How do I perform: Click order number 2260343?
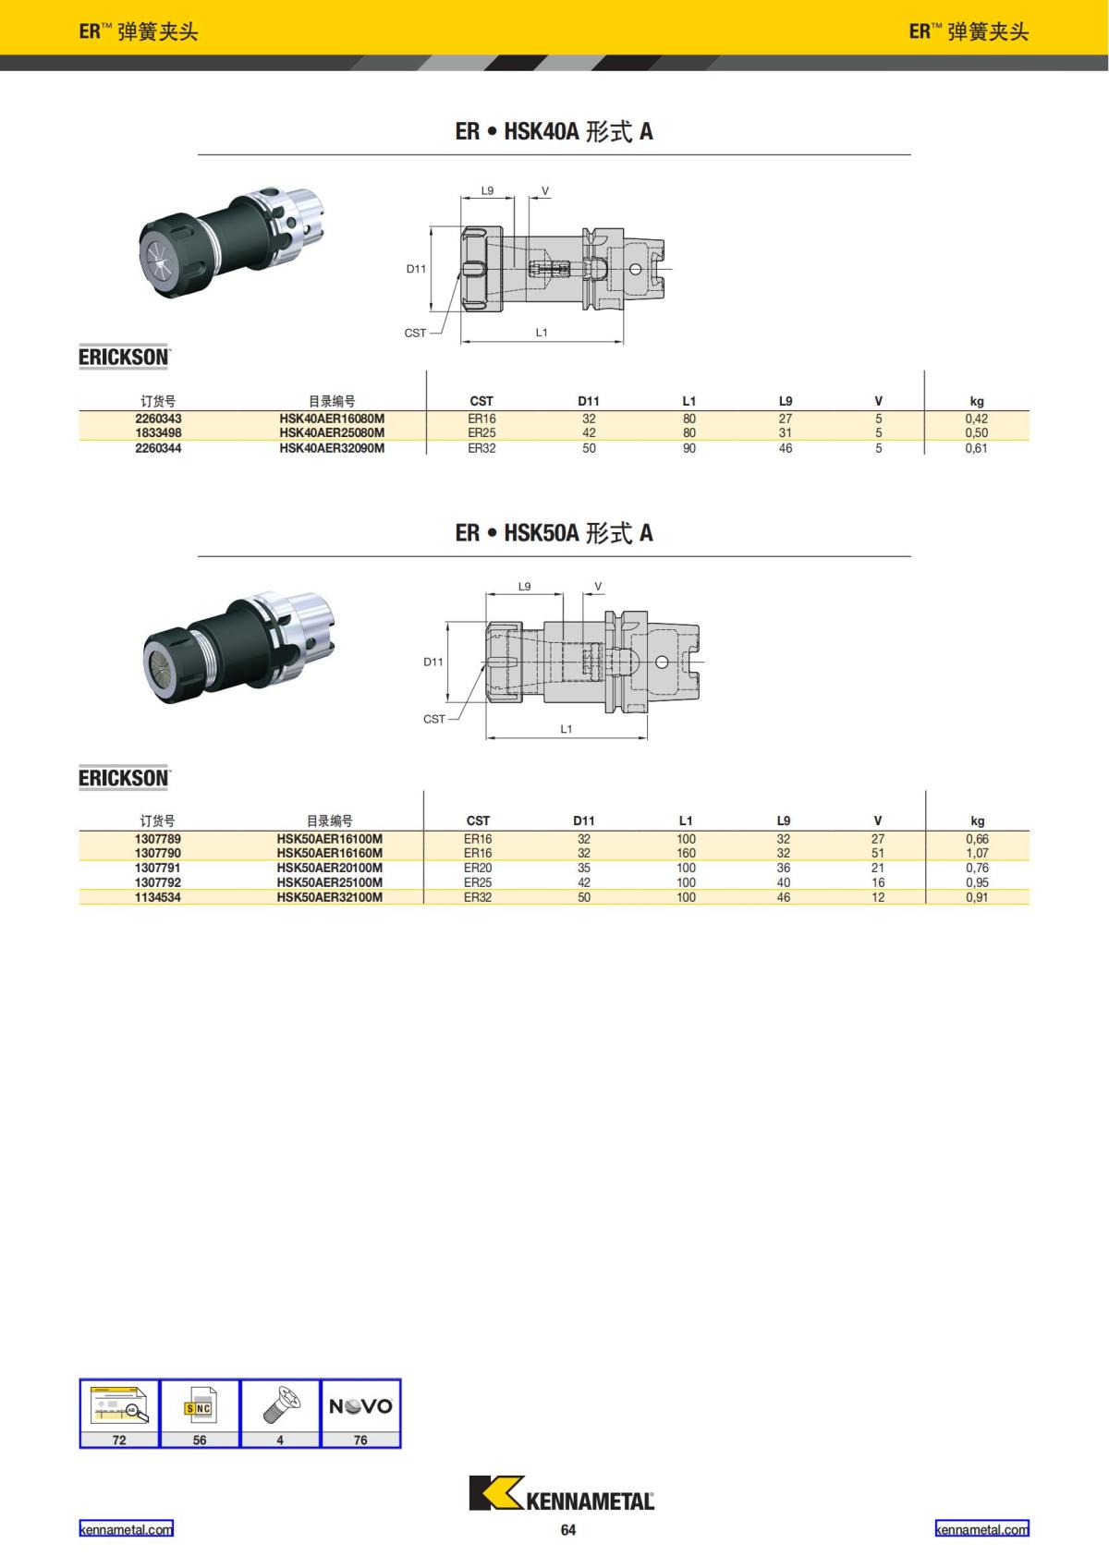pos(158,419)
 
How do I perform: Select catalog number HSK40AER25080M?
pos(332,432)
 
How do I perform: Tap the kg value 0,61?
pos(976,448)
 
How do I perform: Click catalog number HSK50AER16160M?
pos(330,853)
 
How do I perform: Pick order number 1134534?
pos(157,896)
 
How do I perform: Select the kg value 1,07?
pos(977,853)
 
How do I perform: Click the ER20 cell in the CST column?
pos(478,868)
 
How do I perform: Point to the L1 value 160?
pos(686,853)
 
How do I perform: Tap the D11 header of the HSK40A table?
pos(589,401)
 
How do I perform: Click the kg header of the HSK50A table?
pos(978,820)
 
